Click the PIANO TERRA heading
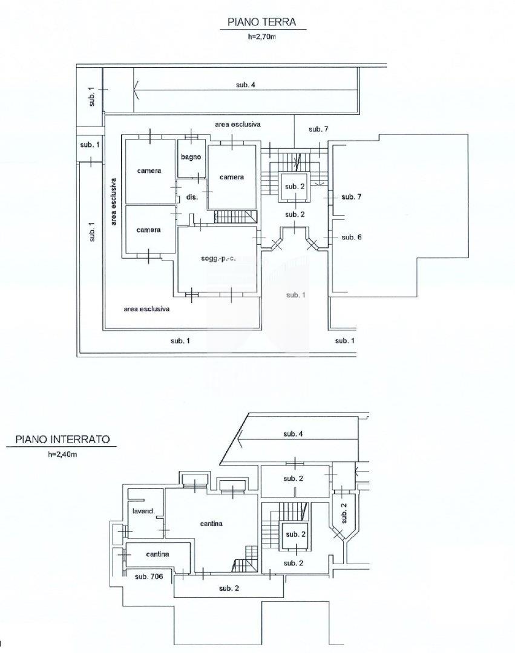(x=261, y=22)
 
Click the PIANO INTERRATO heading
(x=62, y=439)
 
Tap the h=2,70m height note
(x=261, y=37)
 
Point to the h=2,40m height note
(x=62, y=454)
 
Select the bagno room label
(x=191, y=157)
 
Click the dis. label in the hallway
(x=192, y=197)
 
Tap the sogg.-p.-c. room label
(x=218, y=259)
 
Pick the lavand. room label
(x=143, y=511)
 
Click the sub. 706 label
(x=149, y=576)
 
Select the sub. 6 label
(x=352, y=237)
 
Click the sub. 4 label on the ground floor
(x=246, y=85)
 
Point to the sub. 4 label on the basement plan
(x=294, y=434)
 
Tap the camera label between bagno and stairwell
(x=232, y=177)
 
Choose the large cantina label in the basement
(x=211, y=524)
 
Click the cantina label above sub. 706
(x=157, y=554)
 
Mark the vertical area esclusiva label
(x=114, y=202)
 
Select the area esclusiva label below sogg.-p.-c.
(x=146, y=309)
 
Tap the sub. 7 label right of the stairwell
(x=351, y=197)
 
